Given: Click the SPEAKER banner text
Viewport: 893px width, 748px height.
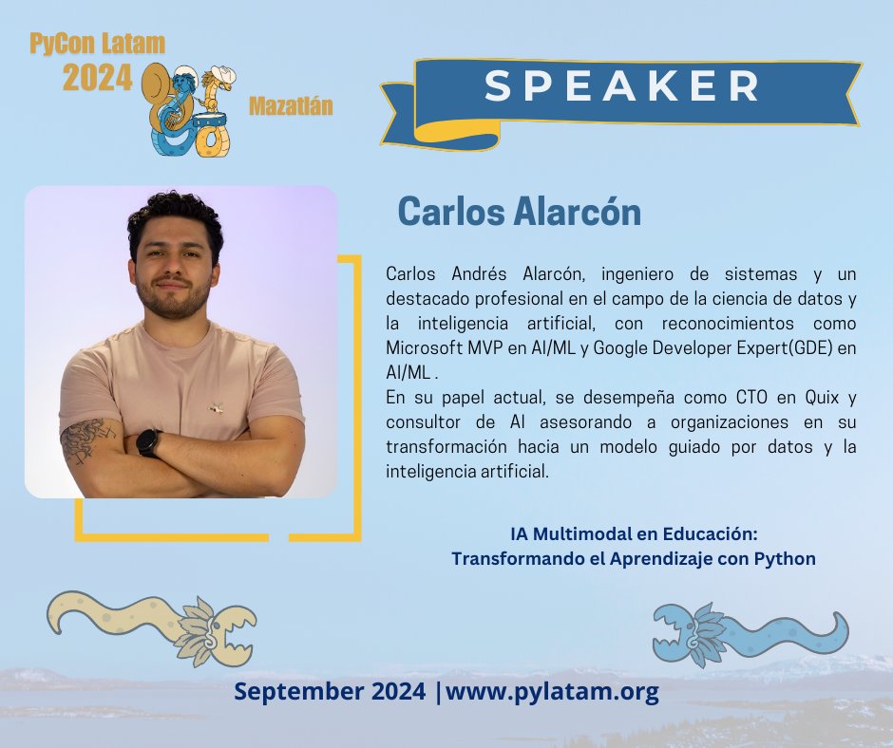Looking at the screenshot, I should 622,86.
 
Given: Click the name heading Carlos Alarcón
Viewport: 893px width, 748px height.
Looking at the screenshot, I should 519,212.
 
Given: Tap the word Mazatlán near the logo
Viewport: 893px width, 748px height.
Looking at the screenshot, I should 291,105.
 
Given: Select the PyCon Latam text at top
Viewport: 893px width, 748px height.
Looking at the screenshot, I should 97,44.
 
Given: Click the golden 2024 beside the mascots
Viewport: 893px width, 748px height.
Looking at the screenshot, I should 97,79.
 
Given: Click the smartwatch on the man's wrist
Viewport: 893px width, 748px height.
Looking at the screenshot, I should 149,442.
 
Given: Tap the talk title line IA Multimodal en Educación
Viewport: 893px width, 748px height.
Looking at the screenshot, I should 633,534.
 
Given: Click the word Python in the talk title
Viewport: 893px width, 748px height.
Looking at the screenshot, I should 784,558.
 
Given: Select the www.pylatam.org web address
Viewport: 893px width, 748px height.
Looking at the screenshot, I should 552,692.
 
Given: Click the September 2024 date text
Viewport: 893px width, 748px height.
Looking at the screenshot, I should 330,692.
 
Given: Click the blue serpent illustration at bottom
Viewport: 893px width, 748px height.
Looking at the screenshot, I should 750,631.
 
